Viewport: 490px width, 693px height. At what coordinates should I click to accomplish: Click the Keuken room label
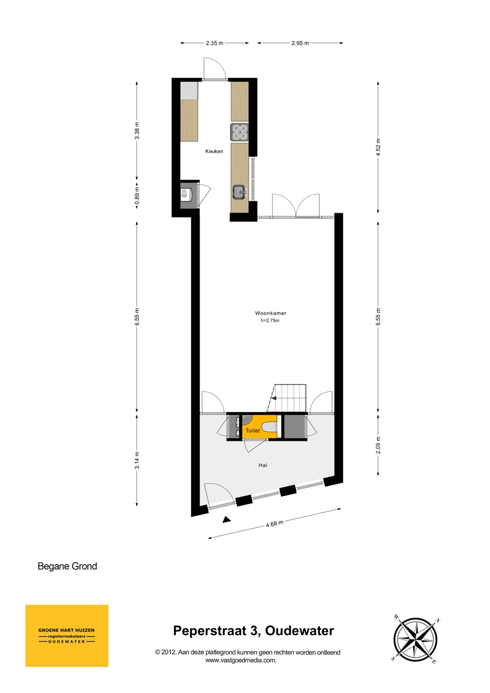214,151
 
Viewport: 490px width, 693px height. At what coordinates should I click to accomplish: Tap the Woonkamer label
271,313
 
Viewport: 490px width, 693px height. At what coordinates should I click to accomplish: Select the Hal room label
263,465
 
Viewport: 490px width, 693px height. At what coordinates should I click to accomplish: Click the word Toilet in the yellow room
252,430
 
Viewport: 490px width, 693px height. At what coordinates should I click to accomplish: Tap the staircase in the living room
287,398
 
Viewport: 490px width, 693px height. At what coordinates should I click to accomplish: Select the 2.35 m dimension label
214,43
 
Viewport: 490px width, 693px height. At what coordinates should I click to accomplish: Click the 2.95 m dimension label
300,43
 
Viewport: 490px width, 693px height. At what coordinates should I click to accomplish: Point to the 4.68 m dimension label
275,524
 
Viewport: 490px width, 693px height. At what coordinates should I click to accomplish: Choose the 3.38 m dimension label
137,130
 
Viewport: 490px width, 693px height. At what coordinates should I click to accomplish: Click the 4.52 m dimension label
378,147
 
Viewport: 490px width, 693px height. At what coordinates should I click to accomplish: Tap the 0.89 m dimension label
137,195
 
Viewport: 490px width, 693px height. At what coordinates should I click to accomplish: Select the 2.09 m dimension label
378,445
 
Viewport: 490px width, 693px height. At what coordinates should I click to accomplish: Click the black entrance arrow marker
227,520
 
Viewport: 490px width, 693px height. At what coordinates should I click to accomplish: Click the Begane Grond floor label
67,566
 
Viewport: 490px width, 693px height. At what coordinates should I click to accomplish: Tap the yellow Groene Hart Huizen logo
67,636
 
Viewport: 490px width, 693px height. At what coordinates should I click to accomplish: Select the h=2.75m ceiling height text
270,321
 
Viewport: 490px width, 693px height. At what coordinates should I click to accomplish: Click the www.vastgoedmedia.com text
241,660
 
